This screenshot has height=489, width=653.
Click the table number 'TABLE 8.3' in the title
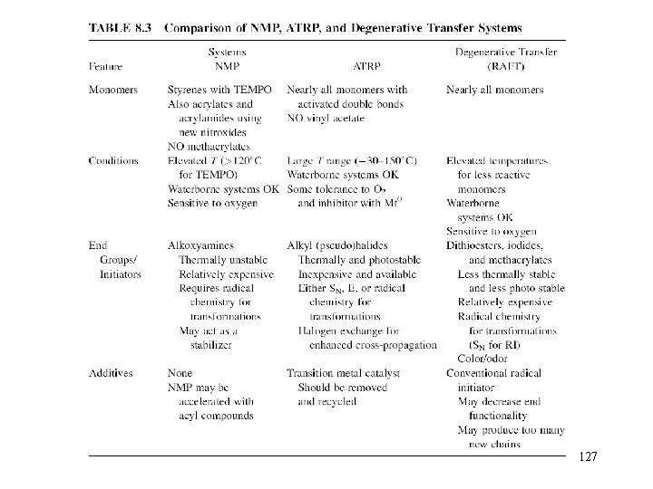tap(119, 27)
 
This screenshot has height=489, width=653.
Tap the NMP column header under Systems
tap(225, 66)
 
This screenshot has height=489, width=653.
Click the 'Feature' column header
tap(106, 66)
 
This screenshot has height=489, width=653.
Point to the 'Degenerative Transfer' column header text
tap(505, 53)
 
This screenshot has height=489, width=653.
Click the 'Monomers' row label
tap(113, 90)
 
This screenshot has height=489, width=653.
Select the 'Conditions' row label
tap(113, 160)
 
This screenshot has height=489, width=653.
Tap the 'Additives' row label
tap(112, 372)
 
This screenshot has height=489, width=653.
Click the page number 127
tap(587, 458)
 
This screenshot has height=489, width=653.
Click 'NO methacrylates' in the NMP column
tap(209, 146)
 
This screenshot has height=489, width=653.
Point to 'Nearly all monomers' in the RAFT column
tap(494, 90)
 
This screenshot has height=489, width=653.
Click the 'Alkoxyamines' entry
tap(200, 245)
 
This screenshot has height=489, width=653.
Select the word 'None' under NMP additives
tap(180, 372)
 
